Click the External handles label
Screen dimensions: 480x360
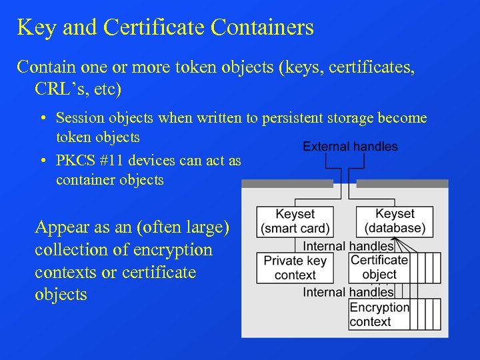pyautogui.click(x=350, y=146)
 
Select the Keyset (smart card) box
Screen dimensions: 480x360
pyautogui.click(x=295, y=221)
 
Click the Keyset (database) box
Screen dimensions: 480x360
pyautogui.click(x=395, y=221)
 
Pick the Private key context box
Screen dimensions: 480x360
pyautogui.click(x=295, y=267)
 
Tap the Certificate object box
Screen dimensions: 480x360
pyautogui.click(x=379, y=267)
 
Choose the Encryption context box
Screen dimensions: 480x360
pyautogui.click(x=379, y=314)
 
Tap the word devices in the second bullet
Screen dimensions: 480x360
pyautogui.click(x=155, y=161)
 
